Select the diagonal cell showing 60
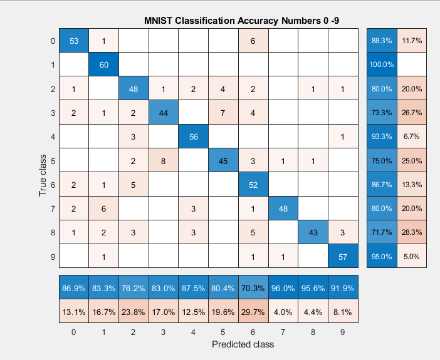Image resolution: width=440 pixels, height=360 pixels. coord(103,64)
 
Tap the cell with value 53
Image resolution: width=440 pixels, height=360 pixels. coord(74,41)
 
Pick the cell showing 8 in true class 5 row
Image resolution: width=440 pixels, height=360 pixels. coord(164,160)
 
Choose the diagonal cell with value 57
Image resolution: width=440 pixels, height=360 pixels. coord(342,256)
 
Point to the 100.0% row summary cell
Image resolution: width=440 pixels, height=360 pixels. coord(382,64)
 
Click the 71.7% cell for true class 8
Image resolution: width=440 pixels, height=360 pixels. coord(382,232)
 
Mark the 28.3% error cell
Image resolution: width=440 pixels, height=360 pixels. coord(411,232)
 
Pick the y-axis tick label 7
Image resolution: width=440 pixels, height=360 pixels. coord(53,208)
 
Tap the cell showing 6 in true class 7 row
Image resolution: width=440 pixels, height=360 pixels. coord(103,208)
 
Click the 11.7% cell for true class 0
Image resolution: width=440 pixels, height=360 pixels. coord(411,41)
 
